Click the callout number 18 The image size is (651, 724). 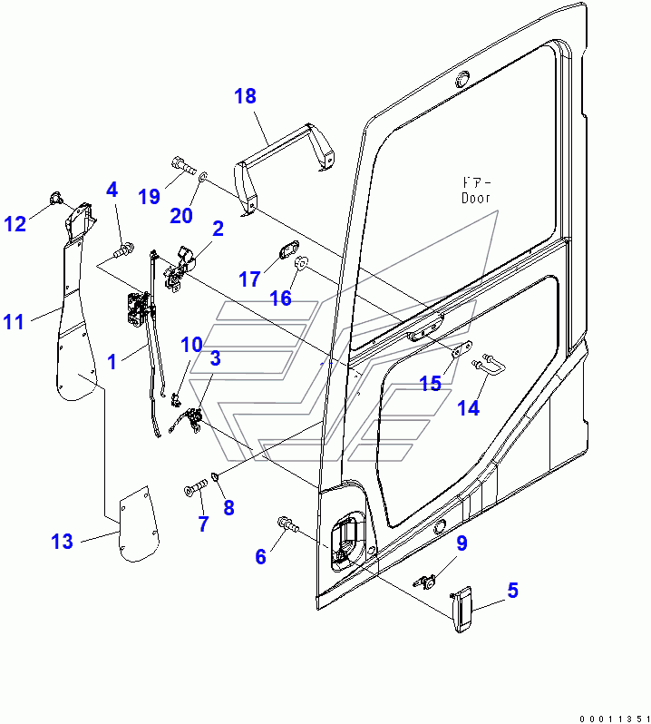pyautogui.click(x=246, y=96)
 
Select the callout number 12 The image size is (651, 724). pyautogui.click(x=15, y=222)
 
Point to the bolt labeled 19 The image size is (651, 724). pyautogui.click(x=181, y=167)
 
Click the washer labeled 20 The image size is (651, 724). pyautogui.click(x=201, y=173)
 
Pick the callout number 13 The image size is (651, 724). pyautogui.click(x=62, y=543)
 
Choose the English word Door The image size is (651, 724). pyautogui.click(x=475, y=198)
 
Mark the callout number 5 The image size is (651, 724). pyautogui.click(x=512, y=591)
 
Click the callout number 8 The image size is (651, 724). pyautogui.click(x=228, y=508)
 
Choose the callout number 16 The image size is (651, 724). pyautogui.click(x=281, y=298)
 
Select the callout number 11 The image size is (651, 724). pyautogui.click(x=14, y=321)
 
